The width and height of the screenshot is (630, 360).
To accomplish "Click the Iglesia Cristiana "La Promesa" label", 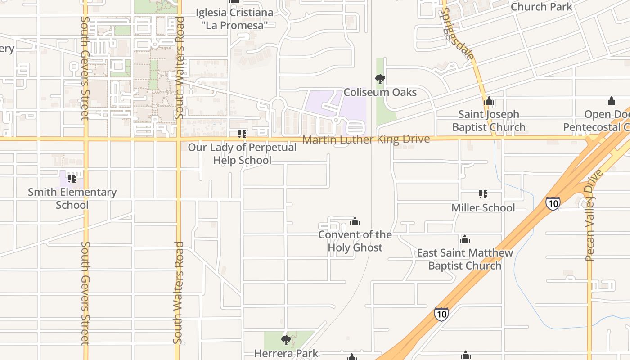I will coord(234,19).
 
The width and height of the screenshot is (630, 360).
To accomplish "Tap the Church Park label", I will coord(541,7).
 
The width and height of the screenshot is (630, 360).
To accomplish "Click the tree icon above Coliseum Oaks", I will coord(380,80).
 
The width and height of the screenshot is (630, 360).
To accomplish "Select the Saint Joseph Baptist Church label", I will coord(489,121).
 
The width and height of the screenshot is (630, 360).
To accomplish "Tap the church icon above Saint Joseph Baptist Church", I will coord(489,101).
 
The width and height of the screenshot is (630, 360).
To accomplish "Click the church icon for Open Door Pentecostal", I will coord(611,101).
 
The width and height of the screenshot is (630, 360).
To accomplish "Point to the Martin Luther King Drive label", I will coord(366,139).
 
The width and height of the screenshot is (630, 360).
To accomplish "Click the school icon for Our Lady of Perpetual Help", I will coord(242,134).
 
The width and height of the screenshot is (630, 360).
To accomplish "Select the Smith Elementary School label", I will coord(72,198).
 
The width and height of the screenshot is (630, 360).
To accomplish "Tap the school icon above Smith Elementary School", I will coord(72,179).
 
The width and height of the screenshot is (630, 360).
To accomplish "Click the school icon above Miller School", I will coord(483,194).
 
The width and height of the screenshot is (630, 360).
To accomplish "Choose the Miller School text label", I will coord(483,208).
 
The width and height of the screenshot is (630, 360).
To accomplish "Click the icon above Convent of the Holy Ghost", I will coord(355,221).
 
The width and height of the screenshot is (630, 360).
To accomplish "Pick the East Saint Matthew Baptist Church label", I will coord(465,259).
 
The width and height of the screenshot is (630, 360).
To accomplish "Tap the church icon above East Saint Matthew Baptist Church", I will coord(465,239).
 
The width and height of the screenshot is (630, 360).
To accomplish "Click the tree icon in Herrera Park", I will coord(286,340).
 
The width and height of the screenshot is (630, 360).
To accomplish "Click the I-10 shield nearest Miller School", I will coord(553,203).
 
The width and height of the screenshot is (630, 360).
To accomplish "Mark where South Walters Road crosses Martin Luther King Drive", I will coord(178,139).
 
